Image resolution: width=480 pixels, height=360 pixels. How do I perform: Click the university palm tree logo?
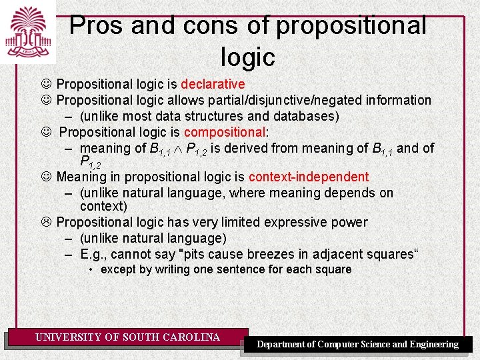27,31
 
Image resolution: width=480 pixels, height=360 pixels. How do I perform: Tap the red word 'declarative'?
213,85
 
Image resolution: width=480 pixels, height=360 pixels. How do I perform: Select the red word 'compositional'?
225,132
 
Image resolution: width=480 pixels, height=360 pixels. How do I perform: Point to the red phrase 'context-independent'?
308,177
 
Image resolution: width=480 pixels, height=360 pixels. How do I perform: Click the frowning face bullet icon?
47,222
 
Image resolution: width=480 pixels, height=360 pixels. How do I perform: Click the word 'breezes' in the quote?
269,254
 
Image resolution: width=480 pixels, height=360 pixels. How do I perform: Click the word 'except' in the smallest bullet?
118,269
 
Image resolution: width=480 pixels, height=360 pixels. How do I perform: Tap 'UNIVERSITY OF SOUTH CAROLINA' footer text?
127,337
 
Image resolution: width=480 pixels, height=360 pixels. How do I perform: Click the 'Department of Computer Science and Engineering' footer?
358,344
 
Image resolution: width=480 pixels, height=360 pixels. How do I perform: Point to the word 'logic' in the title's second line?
247,57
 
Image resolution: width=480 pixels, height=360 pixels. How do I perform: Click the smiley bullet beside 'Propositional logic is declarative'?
47,85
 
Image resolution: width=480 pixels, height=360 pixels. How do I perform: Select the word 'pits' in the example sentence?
203,254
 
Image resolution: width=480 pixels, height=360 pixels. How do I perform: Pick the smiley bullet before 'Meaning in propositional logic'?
47,177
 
